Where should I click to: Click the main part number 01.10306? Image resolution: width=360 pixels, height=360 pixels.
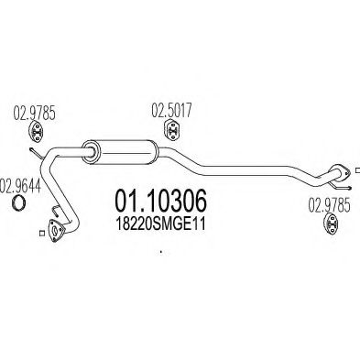(x=160, y=201)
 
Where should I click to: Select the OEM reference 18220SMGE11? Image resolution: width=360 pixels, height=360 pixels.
(x=160, y=224)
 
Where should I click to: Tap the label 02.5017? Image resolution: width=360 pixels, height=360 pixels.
(x=171, y=110)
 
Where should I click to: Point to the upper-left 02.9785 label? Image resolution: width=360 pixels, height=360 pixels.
(x=34, y=114)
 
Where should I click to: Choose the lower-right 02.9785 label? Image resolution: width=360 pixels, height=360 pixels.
(x=329, y=205)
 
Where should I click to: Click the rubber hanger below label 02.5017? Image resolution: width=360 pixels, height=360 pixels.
(x=172, y=130)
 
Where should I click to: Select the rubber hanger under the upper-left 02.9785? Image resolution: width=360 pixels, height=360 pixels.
(x=36, y=132)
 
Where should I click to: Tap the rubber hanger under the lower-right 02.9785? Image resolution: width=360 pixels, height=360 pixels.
(x=332, y=224)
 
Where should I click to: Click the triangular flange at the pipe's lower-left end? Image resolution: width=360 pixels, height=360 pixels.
(x=55, y=231)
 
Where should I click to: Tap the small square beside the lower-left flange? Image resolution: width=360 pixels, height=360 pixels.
(x=42, y=234)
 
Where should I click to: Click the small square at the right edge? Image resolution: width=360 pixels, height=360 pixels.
(x=358, y=170)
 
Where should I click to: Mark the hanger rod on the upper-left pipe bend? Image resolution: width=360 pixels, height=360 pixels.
(x=37, y=153)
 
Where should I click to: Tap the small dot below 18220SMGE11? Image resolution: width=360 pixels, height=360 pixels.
(x=160, y=252)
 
